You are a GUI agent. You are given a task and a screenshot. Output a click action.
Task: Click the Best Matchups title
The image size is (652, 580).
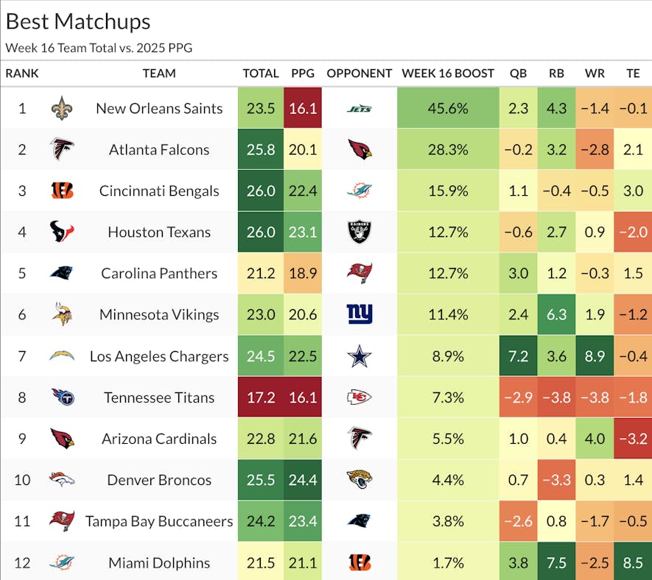click(x=78, y=21)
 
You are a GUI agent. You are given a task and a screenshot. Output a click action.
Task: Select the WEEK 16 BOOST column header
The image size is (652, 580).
click(x=448, y=74)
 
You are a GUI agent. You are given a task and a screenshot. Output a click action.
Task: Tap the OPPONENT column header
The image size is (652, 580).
click(x=360, y=74)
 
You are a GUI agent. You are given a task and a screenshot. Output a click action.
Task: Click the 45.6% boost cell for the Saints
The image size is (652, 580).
click(x=448, y=108)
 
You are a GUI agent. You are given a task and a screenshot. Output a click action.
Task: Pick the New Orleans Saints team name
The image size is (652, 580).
click(x=159, y=108)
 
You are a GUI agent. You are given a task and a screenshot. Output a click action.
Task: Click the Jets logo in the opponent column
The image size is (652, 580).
click(x=360, y=109)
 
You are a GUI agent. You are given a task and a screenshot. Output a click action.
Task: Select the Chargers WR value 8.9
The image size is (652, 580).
click(x=595, y=356)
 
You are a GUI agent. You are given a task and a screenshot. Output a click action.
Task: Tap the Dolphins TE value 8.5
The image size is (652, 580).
click(x=633, y=562)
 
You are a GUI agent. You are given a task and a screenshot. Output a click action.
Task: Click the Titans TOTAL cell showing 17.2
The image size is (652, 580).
click(x=261, y=397)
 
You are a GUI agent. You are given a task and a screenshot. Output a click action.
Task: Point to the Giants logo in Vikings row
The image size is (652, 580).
click(x=360, y=315)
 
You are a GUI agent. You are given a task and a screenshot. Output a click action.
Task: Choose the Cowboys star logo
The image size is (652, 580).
click(x=360, y=356)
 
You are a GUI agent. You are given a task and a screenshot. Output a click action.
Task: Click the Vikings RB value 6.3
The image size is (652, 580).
click(x=556, y=315)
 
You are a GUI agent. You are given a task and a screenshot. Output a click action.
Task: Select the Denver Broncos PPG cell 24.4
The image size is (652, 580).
click(x=304, y=480)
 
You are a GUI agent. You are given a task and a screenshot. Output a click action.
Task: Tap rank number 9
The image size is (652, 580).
click(x=22, y=439)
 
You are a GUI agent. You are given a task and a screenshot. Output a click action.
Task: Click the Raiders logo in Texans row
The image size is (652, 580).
click(x=360, y=233)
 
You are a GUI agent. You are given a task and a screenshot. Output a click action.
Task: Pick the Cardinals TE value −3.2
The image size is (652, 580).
click(x=633, y=439)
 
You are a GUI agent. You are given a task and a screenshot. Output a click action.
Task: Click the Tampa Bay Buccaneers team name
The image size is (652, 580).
click(x=159, y=521)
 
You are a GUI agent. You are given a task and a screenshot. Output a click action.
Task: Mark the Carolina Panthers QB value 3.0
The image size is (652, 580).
click(x=518, y=274)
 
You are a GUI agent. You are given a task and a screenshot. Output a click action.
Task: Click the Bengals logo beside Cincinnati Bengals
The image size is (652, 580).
click(x=63, y=191)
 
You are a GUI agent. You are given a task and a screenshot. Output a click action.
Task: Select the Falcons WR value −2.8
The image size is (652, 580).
click(x=595, y=150)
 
